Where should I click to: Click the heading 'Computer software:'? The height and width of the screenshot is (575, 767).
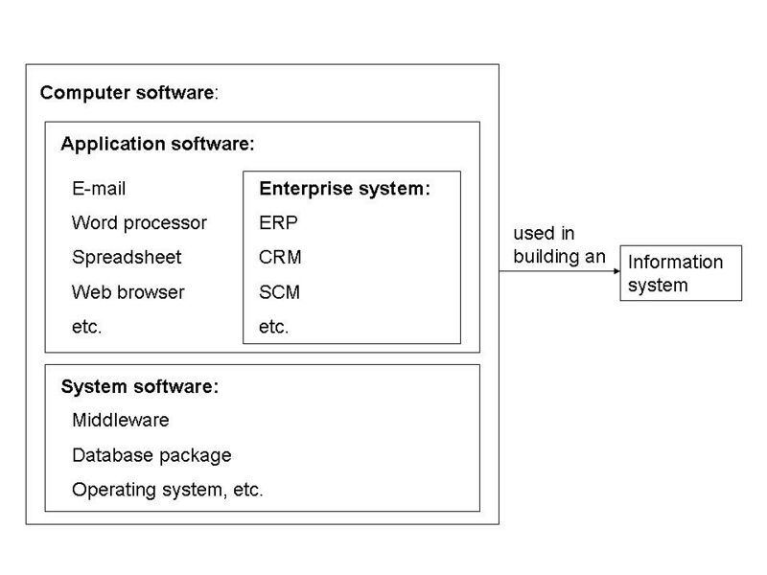pyautogui.click(x=129, y=93)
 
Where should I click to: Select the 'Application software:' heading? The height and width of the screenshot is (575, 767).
pyautogui.click(x=158, y=145)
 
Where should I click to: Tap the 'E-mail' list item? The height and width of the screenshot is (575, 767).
pyautogui.click(x=99, y=189)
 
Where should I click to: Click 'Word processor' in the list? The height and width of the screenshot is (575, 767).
pyautogui.click(x=139, y=223)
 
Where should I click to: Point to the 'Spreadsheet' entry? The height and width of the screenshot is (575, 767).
pyautogui.click(x=127, y=257)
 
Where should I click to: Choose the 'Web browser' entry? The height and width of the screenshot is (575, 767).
pyautogui.click(x=128, y=291)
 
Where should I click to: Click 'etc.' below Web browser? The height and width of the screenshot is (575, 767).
pyautogui.click(x=86, y=326)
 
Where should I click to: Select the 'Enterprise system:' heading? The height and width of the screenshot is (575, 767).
pyautogui.click(x=344, y=189)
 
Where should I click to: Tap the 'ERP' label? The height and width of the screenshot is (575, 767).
pyautogui.click(x=278, y=223)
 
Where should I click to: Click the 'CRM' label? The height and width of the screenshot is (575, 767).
pyautogui.click(x=280, y=257)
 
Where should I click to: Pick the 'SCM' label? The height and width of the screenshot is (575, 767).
pyautogui.click(x=279, y=291)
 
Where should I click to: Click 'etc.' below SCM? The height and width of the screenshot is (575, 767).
pyautogui.click(x=273, y=326)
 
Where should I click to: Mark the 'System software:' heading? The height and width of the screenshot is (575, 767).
pyautogui.click(x=140, y=387)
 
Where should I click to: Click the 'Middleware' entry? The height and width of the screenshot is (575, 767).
pyautogui.click(x=121, y=421)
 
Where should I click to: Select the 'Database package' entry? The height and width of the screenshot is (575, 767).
pyautogui.click(x=151, y=455)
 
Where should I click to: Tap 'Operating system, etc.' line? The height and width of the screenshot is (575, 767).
pyautogui.click(x=167, y=490)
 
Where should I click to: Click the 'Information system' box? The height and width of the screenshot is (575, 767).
pyautogui.click(x=681, y=273)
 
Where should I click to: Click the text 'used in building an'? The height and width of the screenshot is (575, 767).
pyautogui.click(x=559, y=245)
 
